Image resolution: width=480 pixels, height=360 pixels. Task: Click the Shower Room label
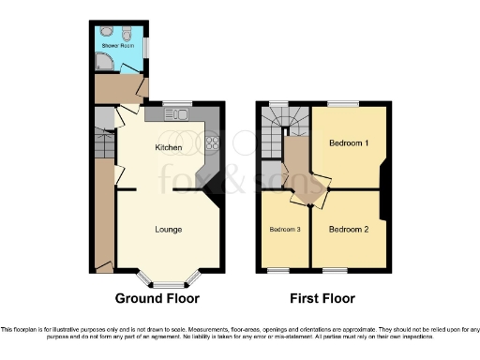[x=117, y=44]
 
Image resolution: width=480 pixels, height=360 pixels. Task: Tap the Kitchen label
[x=168, y=148]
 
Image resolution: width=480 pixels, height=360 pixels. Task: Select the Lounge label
[x=168, y=229]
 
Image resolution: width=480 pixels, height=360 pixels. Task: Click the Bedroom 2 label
[x=348, y=229]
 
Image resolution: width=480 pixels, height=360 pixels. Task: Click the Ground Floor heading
[x=157, y=298]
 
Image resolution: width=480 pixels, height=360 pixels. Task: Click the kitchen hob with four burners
[x=212, y=142]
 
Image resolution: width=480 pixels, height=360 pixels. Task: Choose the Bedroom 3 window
[x=278, y=270]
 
